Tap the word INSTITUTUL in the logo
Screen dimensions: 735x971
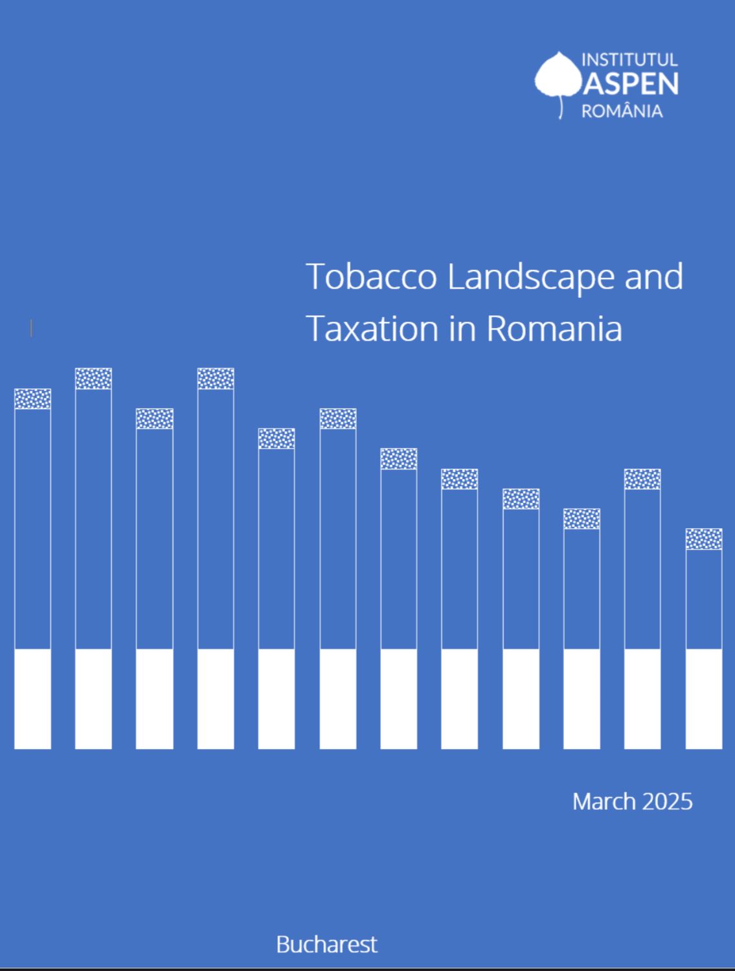pos(629,60)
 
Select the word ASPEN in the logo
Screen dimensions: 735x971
pos(631,84)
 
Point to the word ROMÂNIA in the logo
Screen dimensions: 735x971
pos(622,111)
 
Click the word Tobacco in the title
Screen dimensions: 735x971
pos(371,276)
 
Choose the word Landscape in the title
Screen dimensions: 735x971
pos(531,278)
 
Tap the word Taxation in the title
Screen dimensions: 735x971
pos(372,329)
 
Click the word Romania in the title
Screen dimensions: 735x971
pos(554,329)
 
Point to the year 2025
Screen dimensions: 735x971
pos(667,801)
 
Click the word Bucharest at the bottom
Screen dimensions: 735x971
pos(327,944)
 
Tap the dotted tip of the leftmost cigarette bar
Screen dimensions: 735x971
pos(33,399)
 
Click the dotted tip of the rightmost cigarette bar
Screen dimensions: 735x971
pos(704,539)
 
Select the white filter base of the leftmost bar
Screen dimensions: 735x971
pos(33,699)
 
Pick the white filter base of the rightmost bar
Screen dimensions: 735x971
pos(704,699)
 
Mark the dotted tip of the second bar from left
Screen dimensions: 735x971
pos(93,378)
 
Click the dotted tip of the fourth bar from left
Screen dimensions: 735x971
pos(216,378)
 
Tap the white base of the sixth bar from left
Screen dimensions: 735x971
pos(337,699)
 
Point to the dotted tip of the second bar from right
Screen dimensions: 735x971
pos(642,479)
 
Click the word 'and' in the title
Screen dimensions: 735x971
pos(654,276)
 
